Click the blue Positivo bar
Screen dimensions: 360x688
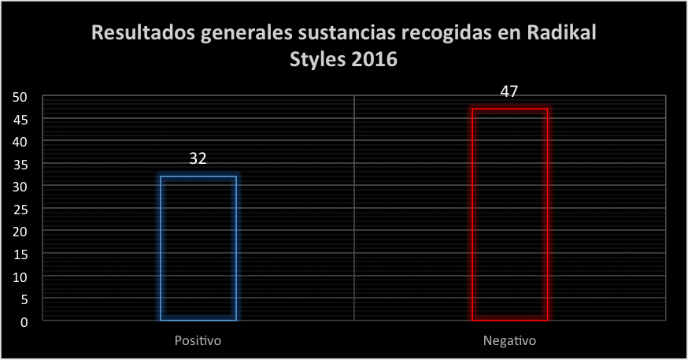click(198, 248)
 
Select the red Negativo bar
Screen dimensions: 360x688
click(509, 214)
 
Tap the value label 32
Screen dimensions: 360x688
click(198, 158)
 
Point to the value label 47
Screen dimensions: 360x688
click(509, 91)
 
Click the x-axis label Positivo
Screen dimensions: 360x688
click(198, 342)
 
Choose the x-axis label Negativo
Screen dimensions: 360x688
click(509, 342)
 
